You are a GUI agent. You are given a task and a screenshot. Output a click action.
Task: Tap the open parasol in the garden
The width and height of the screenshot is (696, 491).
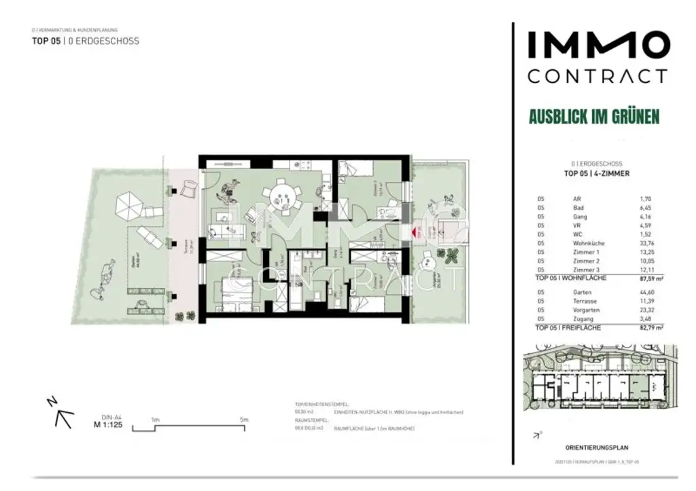coord(128,204)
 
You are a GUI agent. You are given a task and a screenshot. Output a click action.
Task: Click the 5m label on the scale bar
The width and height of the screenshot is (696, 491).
coord(244,420)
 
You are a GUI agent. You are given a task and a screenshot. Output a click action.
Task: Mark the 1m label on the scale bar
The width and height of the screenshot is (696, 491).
coord(155,420)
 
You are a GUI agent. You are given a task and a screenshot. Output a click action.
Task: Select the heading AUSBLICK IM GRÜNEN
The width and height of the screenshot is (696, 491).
coord(594,116)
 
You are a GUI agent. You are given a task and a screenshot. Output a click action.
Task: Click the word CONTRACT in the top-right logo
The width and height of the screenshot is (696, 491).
coord(597,75)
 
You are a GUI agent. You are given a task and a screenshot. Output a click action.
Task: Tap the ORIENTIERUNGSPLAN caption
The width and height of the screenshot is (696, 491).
coord(596,448)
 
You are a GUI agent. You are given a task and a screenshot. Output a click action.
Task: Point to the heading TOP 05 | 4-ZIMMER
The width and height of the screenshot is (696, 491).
coord(597,173)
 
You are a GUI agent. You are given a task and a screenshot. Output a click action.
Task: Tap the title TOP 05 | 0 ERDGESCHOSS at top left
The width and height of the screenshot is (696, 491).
coord(86,41)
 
